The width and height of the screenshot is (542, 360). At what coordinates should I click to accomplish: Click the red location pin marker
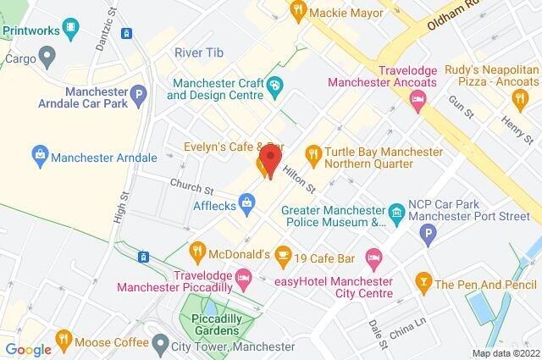pos(269,159)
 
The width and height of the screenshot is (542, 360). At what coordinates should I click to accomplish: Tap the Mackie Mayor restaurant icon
pos(296,11)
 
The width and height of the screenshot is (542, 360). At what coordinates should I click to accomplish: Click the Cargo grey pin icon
pos(47,58)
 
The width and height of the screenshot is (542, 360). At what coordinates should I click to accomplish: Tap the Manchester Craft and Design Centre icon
pos(275,86)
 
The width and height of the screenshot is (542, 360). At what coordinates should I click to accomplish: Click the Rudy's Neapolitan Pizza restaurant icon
pos(521,100)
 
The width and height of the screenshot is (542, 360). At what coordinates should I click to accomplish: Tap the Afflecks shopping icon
pos(246,202)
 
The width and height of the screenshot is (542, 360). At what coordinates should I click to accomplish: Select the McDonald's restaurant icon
pos(197,252)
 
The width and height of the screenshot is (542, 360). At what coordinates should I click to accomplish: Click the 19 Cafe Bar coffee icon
pos(284,253)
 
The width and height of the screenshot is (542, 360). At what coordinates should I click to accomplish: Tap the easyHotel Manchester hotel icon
pos(373,256)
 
